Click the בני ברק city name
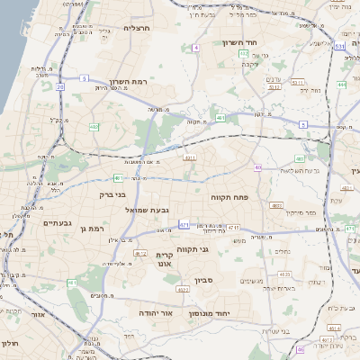point(109,193)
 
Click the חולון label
point(10,344)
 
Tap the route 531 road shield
point(339,44)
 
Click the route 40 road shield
point(257,167)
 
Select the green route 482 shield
point(94,127)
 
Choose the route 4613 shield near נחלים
point(284,274)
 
